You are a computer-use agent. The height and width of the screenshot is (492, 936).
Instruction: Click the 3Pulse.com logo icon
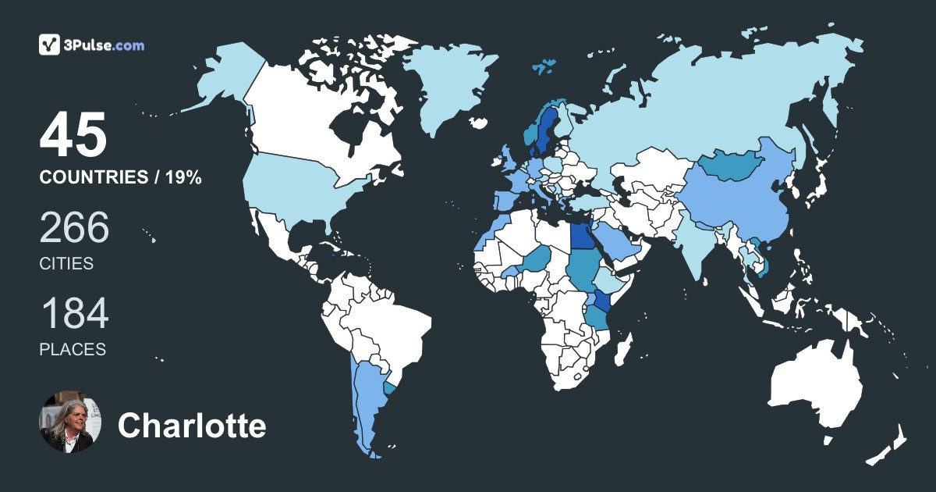[50, 45]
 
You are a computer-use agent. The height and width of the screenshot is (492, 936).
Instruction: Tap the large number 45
[73, 136]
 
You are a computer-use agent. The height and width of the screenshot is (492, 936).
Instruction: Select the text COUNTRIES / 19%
[121, 178]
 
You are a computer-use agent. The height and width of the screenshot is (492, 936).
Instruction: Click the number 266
[75, 228]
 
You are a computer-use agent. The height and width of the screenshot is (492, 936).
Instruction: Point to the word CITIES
[66, 264]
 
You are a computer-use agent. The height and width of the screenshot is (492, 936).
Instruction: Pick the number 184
[75, 314]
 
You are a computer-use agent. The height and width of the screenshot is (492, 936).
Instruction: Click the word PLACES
[73, 350]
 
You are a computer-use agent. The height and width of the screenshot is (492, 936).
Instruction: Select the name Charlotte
[192, 426]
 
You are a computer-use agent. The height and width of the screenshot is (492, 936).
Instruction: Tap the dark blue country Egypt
[580, 236]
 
